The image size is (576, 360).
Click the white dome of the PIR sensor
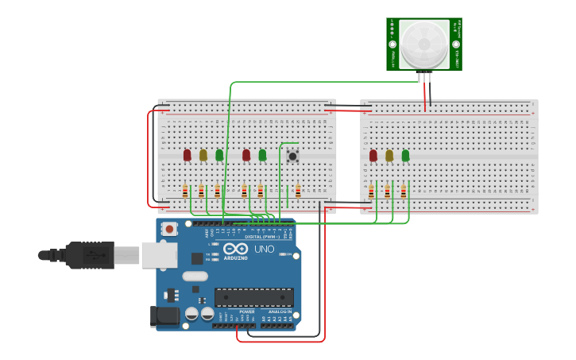pos(423,44)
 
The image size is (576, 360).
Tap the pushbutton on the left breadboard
pos(292,156)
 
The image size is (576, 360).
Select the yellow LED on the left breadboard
pos(203,155)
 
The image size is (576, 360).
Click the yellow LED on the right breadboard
pos(389,156)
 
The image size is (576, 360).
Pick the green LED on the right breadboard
pos(405,156)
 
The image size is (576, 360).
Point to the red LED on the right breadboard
pos(373,156)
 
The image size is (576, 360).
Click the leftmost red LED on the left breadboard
pos(187,155)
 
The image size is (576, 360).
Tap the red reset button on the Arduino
pos(168,229)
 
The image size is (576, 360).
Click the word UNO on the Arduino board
pos(264,249)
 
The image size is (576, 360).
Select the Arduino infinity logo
pos(235,249)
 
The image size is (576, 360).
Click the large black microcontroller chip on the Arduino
pos(253,297)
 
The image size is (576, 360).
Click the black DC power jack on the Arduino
pos(165,315)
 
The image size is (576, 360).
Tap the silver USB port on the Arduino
pos(159,255)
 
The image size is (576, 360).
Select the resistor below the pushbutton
pos(298,191)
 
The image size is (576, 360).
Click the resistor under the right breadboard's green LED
pos(404,191)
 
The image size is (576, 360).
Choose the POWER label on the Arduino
pos(247,312)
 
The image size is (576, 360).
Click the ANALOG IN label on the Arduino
pos(279,312)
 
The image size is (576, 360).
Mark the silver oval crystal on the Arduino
pos(195,277)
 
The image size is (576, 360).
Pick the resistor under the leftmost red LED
pos(185,191)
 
